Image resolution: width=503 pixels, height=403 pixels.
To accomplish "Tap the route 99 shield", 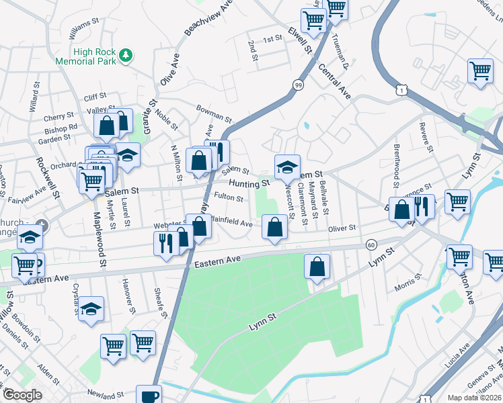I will pyautogui.click(x=297, y=84).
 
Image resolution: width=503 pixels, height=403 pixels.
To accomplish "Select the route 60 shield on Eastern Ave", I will pyautogui.click(x=371, y=245).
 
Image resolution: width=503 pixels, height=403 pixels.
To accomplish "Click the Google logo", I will pyautogui.click(x=22, y=395).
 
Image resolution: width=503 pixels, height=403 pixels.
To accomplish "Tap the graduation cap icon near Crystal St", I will pyautogui.click(x=91, y=308).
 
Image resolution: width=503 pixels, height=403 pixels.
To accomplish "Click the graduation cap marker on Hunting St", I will pyautogui.click(x=287, y=166).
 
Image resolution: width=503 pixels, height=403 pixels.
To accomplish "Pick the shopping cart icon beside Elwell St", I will pyautogui.click(x=313, y=21).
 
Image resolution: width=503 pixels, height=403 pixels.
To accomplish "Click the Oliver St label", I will pyautogui.click(x=342, y=228).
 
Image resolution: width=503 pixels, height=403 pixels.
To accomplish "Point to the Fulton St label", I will pyautogui.click(x=229, y=197).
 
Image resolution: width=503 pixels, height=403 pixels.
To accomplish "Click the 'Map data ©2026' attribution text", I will pyautogui.click(x=473, y=398).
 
